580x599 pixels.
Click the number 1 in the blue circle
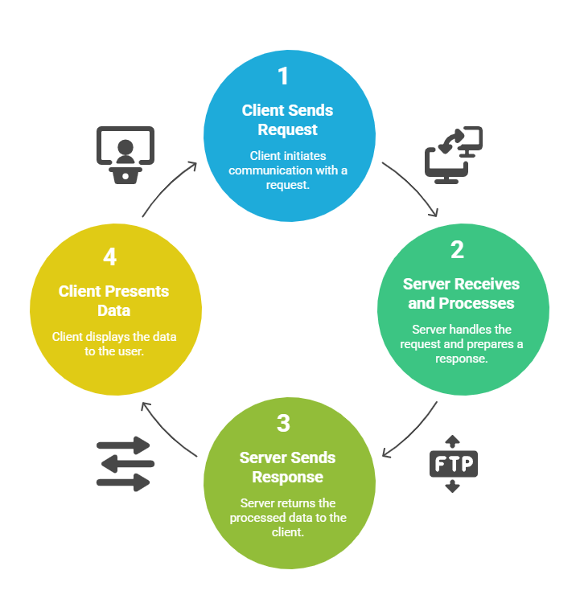pyautogui.click(x=282, y=76)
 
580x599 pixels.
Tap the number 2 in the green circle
pyautogui.click(x=457, y=250)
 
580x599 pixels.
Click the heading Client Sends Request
pyautogui.click(x=287, y=120)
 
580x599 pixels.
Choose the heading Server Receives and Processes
pyautogui.click(x=461, y=293)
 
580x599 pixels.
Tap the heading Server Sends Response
pyautogui.click(x=287, y=467)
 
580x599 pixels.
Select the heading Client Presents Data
pyautogui.click(x=113, y=300)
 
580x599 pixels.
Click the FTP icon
pyautogui.click(x=453, y=464)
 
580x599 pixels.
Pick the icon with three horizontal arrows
pyautogui.click(x=125, y=464)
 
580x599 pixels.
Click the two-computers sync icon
pyautogui.click(x=453, y=155)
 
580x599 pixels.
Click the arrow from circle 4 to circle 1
pyautogui.click(x=167, y=187)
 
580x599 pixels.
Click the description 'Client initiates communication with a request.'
pyautogui.click(x=287, y=169)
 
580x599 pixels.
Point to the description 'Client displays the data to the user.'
pyautogui.click(x=113, y=343)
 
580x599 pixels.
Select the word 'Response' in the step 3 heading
pyautogui.click(x=287, y=477)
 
